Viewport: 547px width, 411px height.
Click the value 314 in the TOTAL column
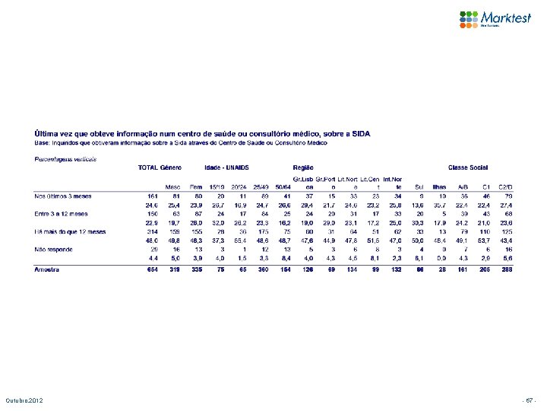(151, 231)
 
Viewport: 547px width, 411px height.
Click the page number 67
(529, 400)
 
